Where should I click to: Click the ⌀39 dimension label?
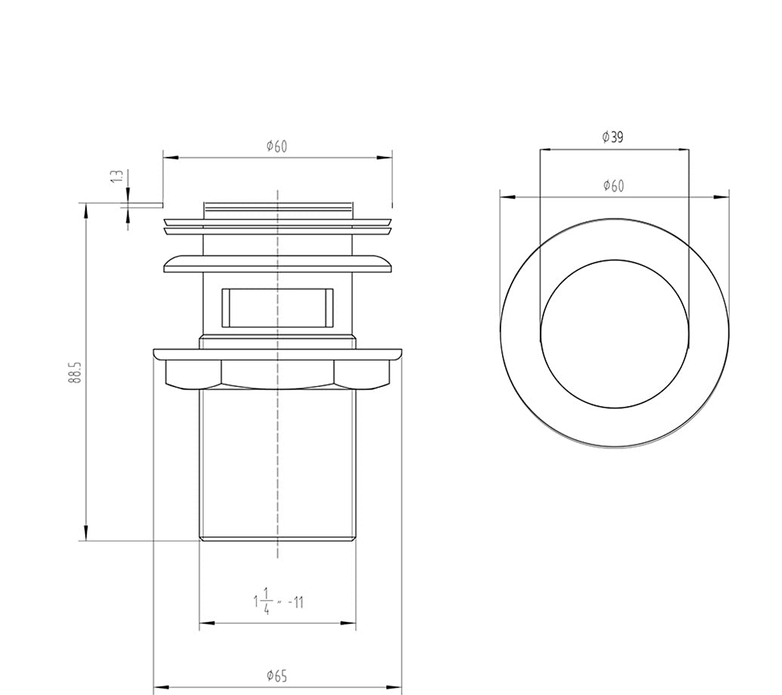(x=613, y=137)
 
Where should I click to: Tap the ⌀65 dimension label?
(x=277, y=676)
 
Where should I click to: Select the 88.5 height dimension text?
(x=75, y=372)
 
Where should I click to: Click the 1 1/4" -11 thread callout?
(x=279, y=601)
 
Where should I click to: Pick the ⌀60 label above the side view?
(x=277, y=146)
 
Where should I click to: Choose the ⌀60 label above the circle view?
(x=614, y=186)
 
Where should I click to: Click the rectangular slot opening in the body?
(x=278, y=308)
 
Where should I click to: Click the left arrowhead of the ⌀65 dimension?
(x=160, y=688)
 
